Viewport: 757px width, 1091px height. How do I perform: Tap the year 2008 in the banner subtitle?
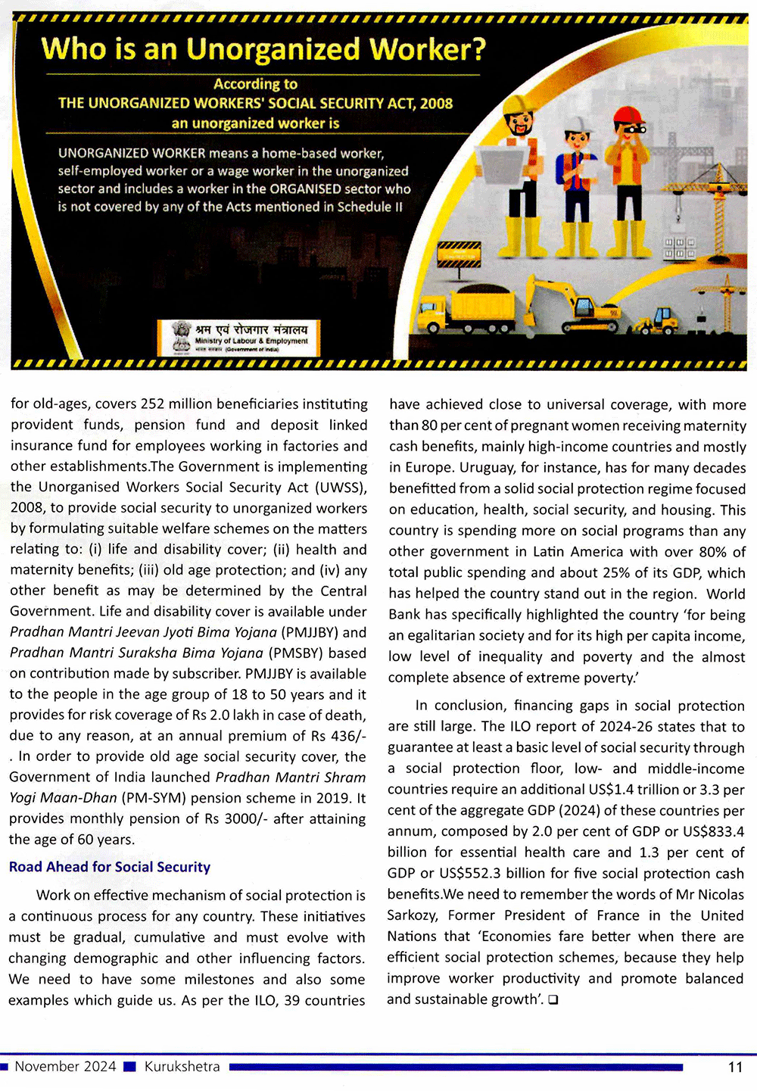click(x=436, y=104)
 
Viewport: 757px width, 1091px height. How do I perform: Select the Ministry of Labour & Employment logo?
click(x=238, y=338)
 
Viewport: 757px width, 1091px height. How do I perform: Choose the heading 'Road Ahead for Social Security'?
click(x=110, y=867)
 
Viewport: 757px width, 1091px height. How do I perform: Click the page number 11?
click(x=734, y=1067)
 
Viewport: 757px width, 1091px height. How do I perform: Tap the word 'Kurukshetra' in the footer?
click(x=182, y=1067)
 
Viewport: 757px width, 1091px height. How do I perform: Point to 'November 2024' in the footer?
click(x=65, y=1067)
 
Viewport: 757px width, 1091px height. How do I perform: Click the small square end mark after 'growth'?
click(x=553, y=1000)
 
